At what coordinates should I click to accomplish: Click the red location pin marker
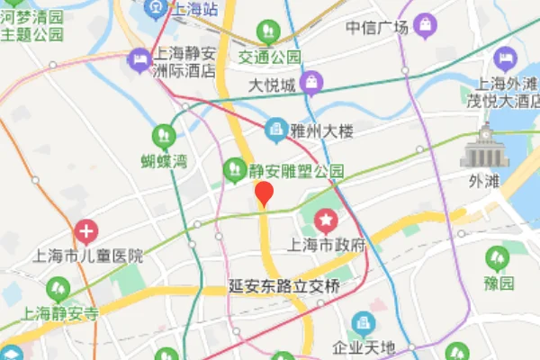tap(264, 193)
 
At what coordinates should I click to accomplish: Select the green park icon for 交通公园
tap(267, 33)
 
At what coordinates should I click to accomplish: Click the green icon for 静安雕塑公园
tap(234, 168)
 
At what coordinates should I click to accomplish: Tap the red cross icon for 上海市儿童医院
tap(85, 232)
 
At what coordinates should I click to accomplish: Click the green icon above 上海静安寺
tap(57, 290)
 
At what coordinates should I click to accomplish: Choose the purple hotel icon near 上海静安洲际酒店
tap(139, 59)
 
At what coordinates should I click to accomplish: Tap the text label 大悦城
tap(273, 86)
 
